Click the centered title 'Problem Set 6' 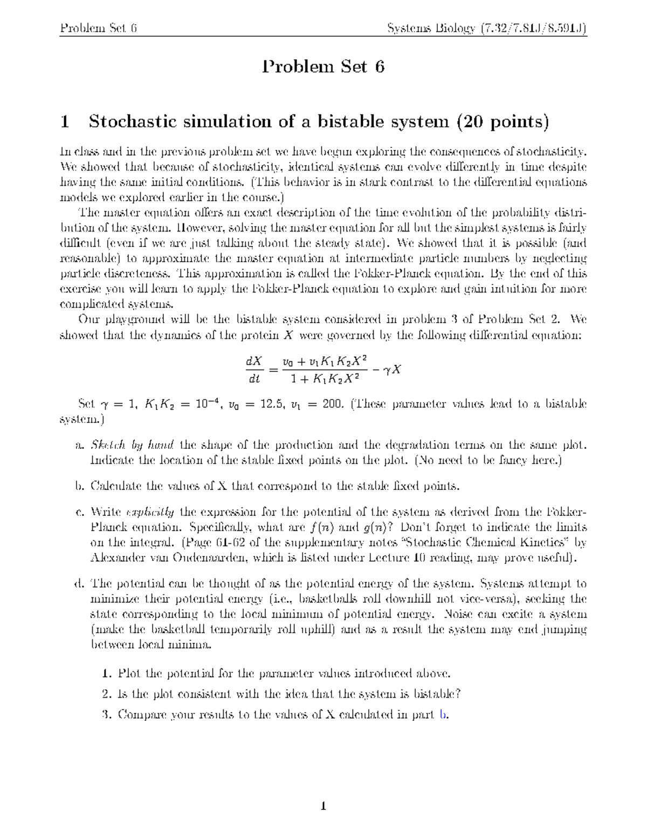pyautogui.click(x=323, y=67)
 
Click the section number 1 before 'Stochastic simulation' pyautogui.click(x=65, y=122)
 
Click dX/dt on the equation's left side pyautogui.click(x=253, y=370)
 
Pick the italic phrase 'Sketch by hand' pyautogui.click(x=132, y=446)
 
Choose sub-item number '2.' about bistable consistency pyautogui.click(x=107, y=694)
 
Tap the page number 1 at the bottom pyautogui.click(x=323, y=807)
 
